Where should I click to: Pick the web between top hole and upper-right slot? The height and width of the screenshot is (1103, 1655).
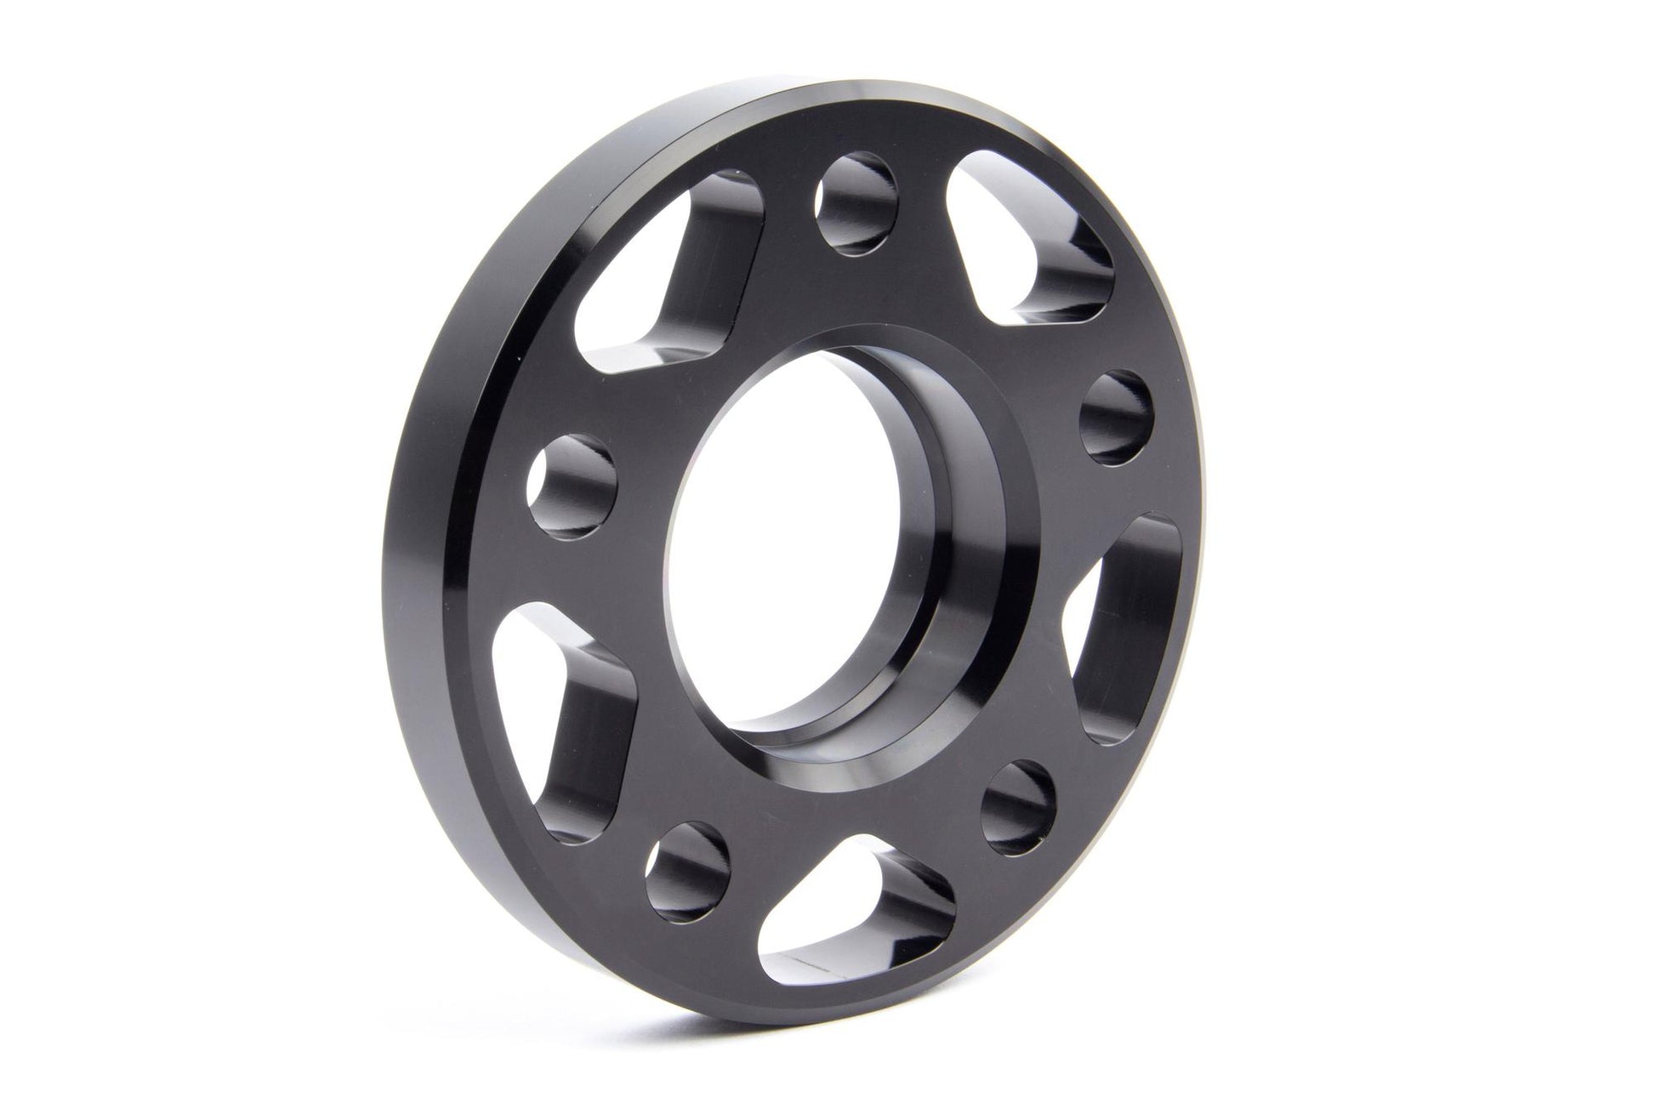[x=927, y=213]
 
